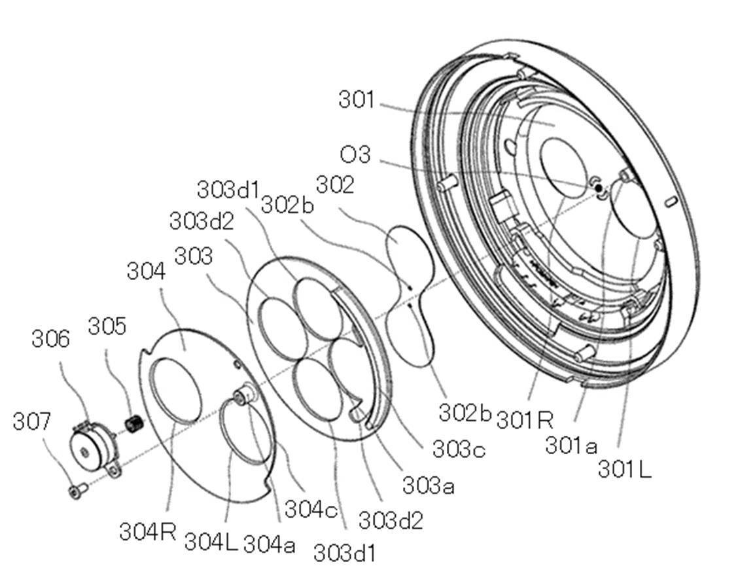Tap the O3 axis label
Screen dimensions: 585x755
355,155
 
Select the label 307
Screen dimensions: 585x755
31,421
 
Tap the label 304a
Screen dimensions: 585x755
269,543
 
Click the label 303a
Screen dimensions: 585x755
428,485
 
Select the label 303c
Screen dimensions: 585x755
458,450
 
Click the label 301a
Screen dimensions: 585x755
571,446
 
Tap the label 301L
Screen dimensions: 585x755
624,469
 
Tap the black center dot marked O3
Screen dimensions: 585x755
598,188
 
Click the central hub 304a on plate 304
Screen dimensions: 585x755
245,396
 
